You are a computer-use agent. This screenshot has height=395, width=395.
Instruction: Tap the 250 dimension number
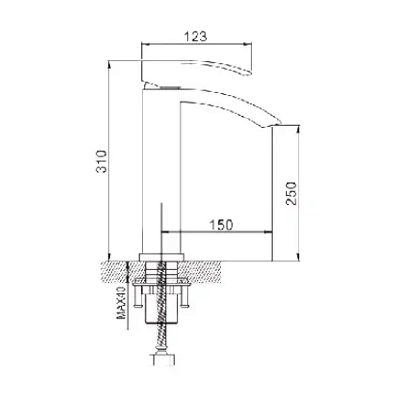[292, 193]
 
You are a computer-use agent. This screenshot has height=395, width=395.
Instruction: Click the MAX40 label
[120, 302]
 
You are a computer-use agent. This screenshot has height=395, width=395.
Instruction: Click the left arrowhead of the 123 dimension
[144, 43]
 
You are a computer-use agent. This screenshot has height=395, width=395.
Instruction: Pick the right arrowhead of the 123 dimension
[250, 43]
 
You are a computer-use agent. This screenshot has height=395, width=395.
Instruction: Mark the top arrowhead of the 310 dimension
[108, 63]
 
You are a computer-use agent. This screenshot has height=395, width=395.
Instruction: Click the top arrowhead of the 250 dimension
[298, 128]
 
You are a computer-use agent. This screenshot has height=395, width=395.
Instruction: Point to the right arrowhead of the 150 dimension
[270, 231]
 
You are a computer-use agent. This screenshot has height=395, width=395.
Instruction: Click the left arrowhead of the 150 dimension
[164, 231]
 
